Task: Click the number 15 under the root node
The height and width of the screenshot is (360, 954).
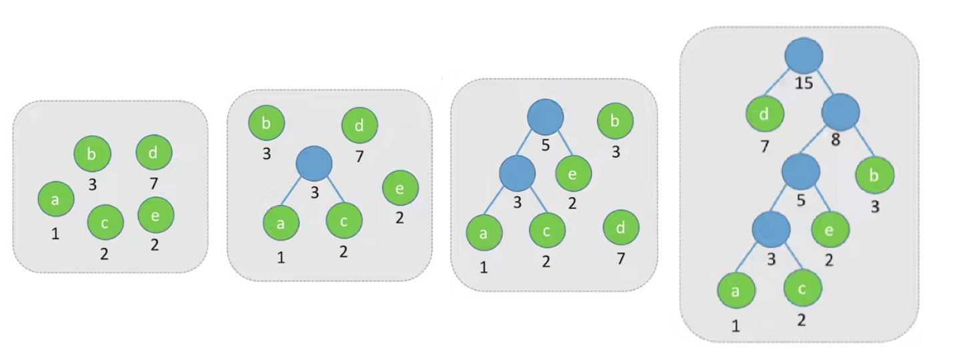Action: click(804, 85)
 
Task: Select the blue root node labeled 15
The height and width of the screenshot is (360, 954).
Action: click(804, 55)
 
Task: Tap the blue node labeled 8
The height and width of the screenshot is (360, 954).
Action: click(841, 112)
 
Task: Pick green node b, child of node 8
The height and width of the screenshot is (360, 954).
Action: click(875, 175)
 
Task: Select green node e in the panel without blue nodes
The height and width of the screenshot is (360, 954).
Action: click(156, 214)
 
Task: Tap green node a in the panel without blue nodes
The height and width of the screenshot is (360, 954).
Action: click(55, 199)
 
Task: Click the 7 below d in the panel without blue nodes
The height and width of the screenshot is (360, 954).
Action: click(155, 182)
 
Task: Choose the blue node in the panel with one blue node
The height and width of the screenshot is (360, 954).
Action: click(314, 164)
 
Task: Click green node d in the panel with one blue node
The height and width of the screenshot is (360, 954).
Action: click(359, 125)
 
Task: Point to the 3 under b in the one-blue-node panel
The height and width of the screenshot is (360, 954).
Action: click(266, 154)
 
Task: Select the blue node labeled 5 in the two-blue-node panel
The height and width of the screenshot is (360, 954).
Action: click(545, 117)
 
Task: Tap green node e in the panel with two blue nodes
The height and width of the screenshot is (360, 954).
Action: click(573, 173)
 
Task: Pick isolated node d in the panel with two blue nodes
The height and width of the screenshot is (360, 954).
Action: click(621, 228)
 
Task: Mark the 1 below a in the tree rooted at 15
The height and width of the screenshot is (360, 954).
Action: click(736, 326)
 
